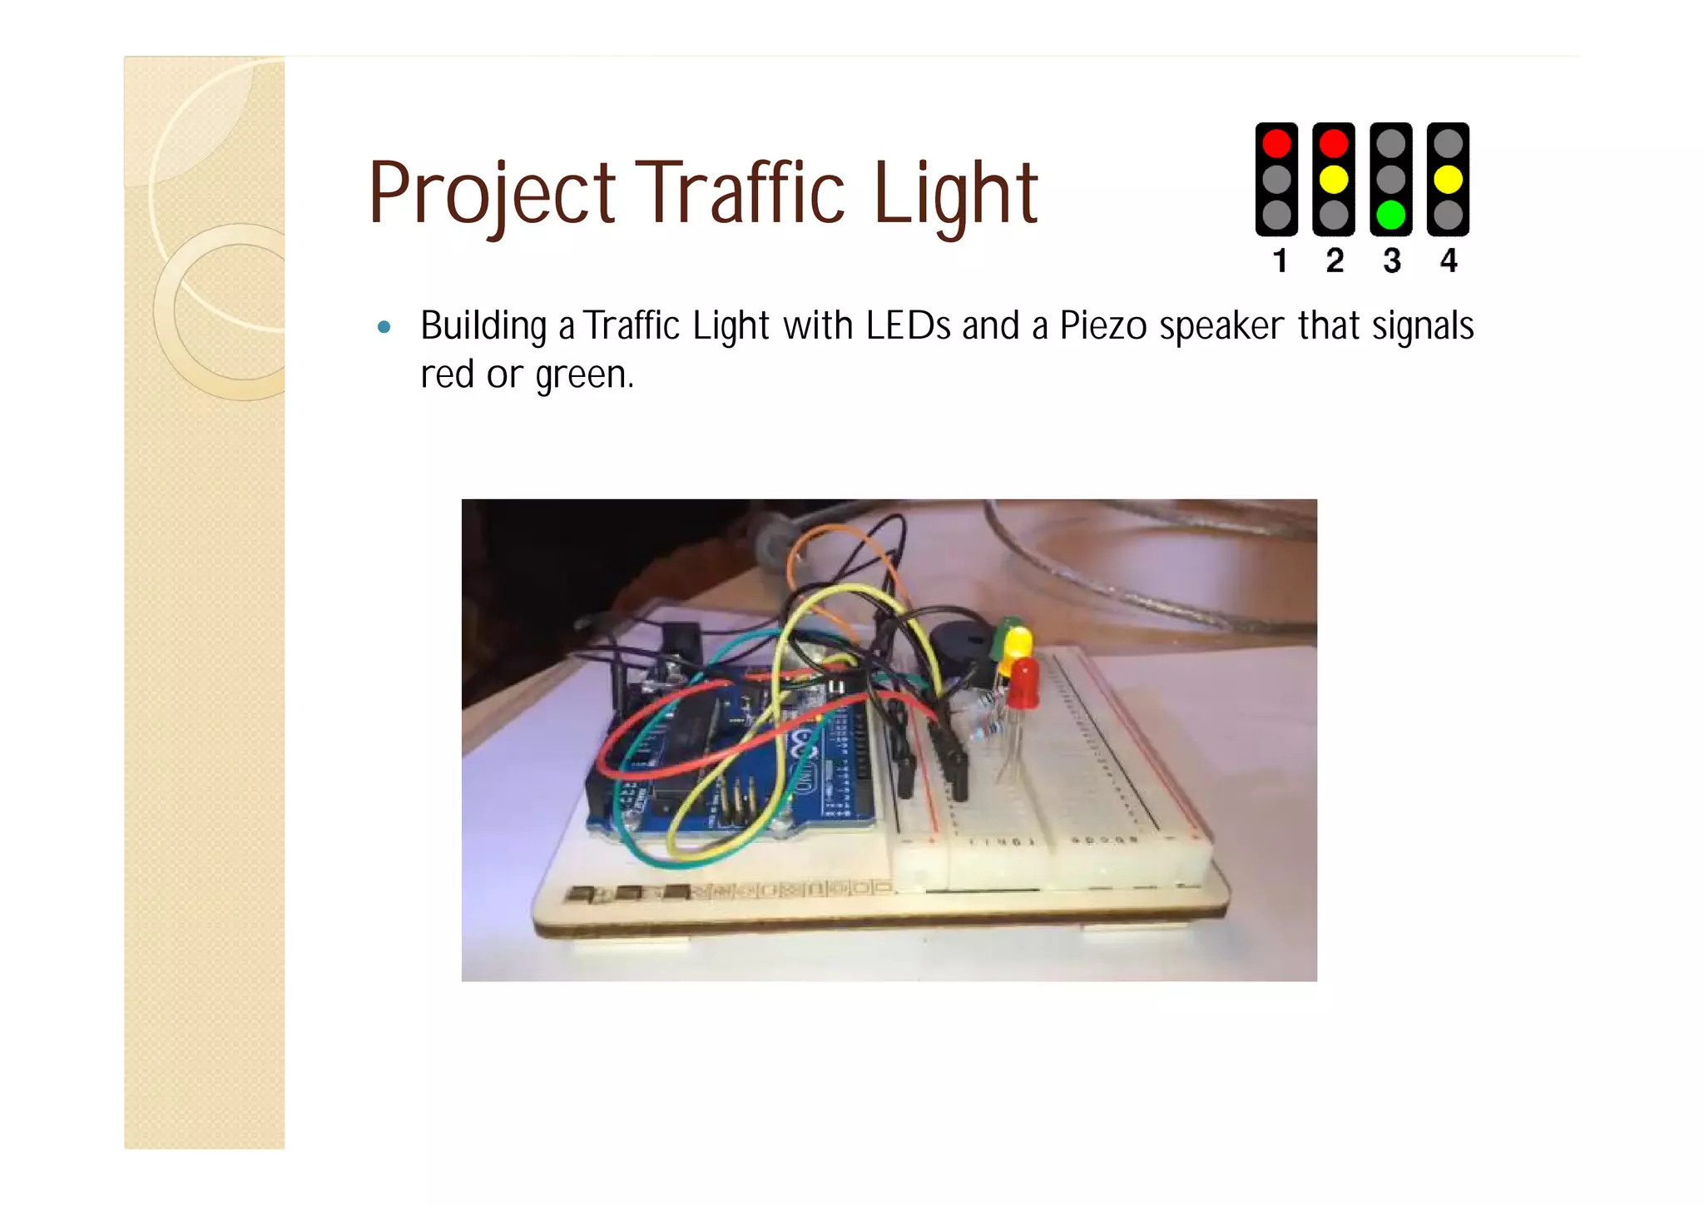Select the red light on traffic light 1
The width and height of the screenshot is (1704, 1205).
1276,143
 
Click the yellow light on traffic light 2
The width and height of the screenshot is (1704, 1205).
1334,179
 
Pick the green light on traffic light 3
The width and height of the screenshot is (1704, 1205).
1391,215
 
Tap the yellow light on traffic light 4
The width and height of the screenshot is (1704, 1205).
1449,179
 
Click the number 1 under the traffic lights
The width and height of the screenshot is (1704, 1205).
1280,261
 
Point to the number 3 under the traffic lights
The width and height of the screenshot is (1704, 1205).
1392,261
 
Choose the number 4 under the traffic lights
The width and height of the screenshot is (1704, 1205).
1449,261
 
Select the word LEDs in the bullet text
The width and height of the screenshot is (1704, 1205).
908,326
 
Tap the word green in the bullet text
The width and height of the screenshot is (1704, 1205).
582,375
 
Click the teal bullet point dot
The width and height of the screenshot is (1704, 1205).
384,327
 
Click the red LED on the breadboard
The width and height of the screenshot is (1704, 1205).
1023,682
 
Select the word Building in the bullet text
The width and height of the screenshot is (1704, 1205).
483,326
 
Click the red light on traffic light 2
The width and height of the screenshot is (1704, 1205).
1334,143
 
